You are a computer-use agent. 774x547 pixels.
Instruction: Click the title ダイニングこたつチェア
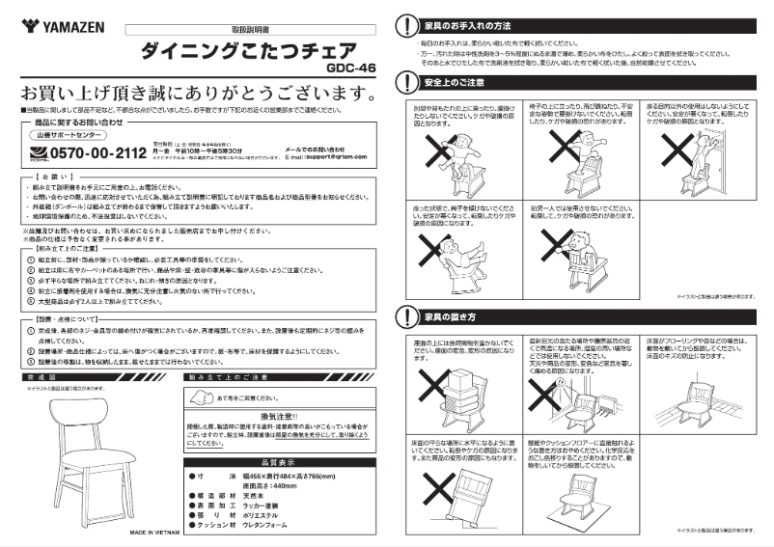[x=247, y=50]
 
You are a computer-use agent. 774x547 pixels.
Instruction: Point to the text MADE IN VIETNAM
[x=160, y=532]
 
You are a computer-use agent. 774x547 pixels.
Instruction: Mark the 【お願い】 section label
[x=43, y=178]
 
